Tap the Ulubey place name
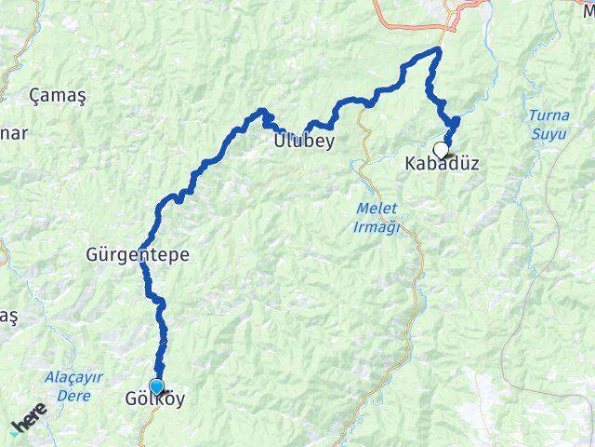tap(304, 142)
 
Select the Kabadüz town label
tap(442, 164)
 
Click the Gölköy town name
tap(154, 400)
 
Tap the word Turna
tap(546, 115)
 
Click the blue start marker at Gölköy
tap(155, 386)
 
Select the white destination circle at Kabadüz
tap(441, 148)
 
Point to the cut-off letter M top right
tap(588, 5)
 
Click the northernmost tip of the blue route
tap(439, 49)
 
